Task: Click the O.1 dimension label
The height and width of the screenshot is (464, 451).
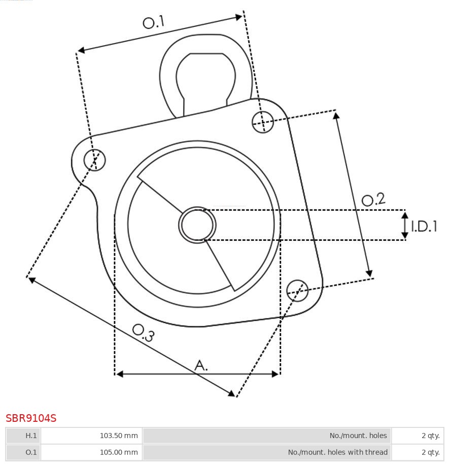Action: click(154, 22)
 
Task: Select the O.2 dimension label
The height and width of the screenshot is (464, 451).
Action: click(373, 200)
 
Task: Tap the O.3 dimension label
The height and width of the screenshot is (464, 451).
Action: click(143, 332)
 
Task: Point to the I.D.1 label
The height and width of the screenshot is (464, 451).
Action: click(424, 226)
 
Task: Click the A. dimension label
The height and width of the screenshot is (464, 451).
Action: click(201, 365)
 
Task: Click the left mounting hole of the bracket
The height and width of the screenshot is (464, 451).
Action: click(94, 160)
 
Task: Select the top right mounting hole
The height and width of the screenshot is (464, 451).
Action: click(263, 121)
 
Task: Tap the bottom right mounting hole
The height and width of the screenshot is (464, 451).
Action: click(297, 290)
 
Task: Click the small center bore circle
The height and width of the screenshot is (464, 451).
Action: click(197, 225)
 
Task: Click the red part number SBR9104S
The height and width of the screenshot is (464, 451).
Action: click(31, 418)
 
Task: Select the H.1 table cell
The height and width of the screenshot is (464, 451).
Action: click(24, 436)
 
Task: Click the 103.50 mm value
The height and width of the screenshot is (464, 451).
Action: click(119, 436)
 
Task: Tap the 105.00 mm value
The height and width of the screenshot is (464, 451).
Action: click(119, 452)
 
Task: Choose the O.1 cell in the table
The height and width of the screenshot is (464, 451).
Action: click(24, 452)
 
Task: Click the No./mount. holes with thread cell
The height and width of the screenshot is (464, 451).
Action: click(337, 452)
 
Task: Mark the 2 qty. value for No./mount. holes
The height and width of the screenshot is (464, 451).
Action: click(430, 436)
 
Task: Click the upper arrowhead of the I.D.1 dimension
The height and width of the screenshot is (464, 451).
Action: click(405, 215)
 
